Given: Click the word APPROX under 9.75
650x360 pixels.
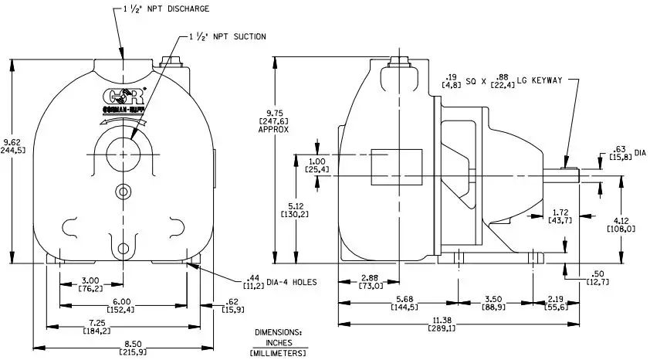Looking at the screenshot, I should pyautogui.click(x=273, y=130).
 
